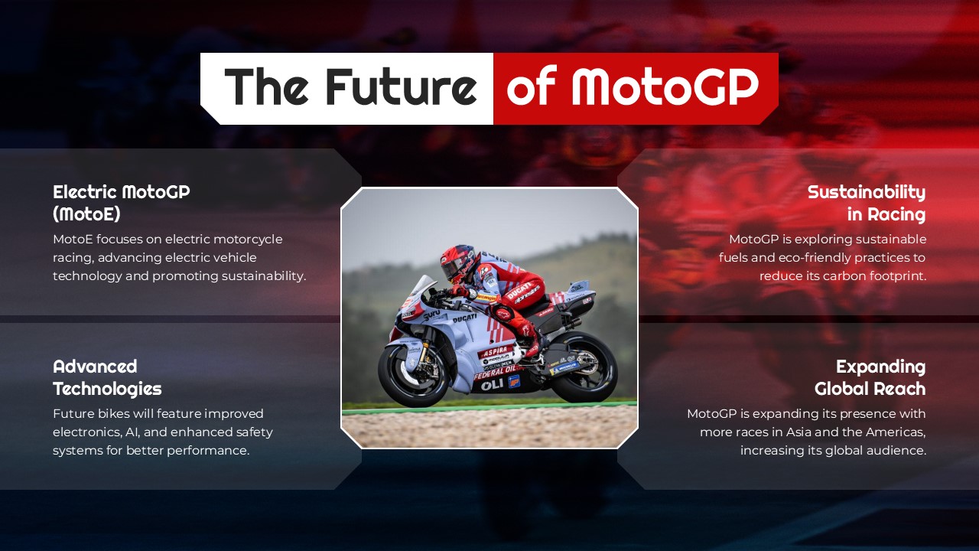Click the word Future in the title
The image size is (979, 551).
(x=401, y=86)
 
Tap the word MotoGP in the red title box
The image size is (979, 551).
(x=665, y=86)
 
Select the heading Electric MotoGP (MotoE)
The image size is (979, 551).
(x=121, y=203)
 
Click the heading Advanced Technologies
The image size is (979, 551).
(x=107, y=377)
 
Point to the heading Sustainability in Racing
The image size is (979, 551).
(x=866, y=203)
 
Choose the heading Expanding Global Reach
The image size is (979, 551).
(x=870, y=377)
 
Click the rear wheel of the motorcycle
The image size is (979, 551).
(x=584, y=367)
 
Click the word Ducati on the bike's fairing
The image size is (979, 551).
(x=463, y=318)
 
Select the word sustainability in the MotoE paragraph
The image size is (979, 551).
(x=263, y=276)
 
